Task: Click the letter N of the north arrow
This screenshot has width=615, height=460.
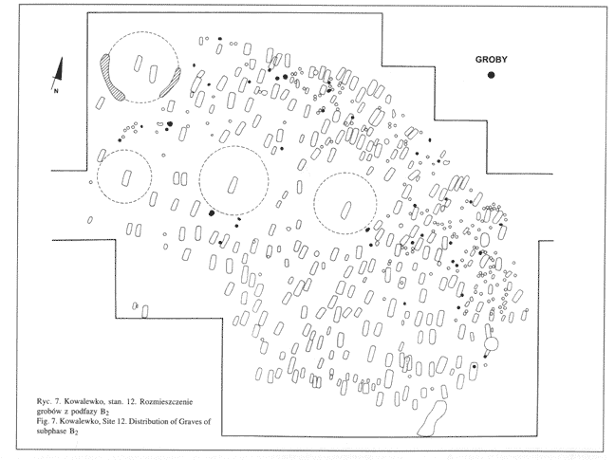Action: click(56, 91)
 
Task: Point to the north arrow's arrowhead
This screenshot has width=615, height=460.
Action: click(58, 64)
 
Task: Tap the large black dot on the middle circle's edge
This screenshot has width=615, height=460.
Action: click(212, 212)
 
